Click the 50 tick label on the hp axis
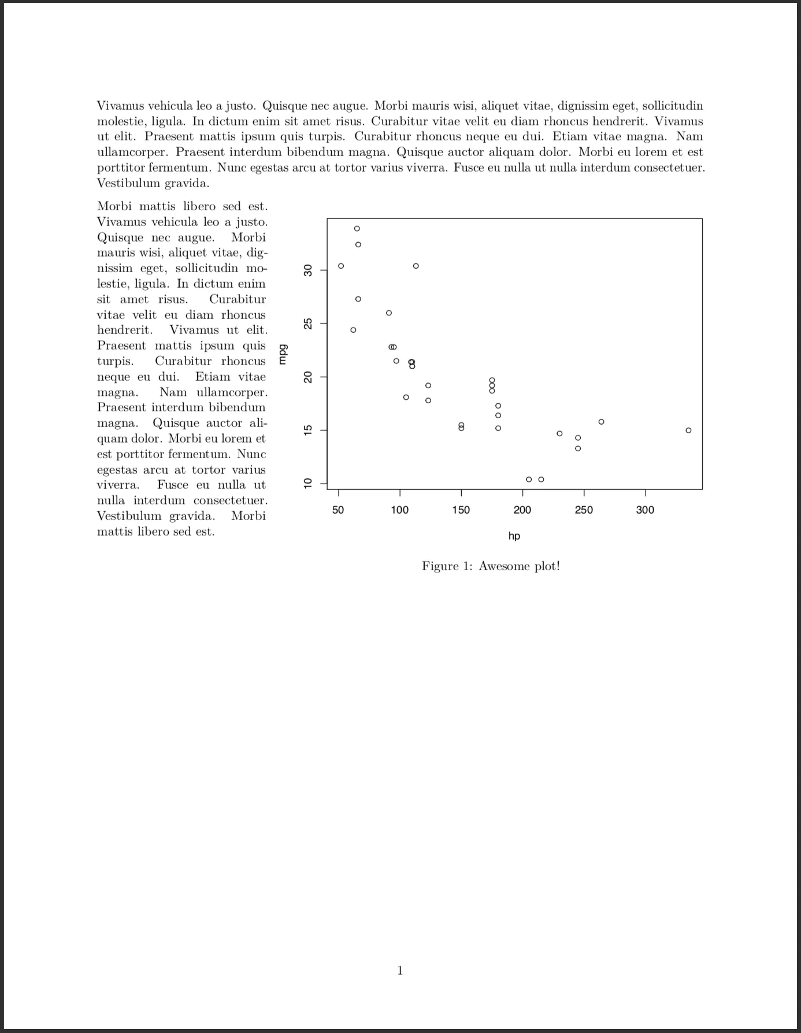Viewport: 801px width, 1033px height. [x=338, y=510]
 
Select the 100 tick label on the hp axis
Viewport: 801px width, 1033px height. [x=399, y=510]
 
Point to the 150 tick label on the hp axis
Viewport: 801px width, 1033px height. [x=461, y=510]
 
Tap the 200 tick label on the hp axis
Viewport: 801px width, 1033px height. [x=522, y=510]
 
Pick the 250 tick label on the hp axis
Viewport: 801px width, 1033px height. [x=584, y=510]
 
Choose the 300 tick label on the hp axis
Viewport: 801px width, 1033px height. [x=645, y=510]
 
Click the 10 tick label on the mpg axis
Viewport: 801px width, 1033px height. [x=308, y=483]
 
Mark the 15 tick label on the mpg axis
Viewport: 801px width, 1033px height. [x=308, y=430]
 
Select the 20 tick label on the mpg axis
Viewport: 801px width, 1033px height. [x=308, y=377]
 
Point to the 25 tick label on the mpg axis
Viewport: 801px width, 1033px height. [x=308, y=324]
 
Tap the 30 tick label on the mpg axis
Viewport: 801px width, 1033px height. [x=308, y=270]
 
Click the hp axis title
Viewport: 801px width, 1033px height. [x=514, y=536]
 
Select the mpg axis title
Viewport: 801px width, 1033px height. [x=283, y=354]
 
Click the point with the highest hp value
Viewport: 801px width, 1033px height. [x=688, y=430]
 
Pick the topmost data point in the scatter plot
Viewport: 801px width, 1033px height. [x=357, y=229]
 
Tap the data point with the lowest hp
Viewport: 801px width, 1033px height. [x=341, y=266]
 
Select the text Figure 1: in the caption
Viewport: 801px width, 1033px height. [x=447, y=566]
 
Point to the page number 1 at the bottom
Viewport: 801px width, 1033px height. [x=400, y=971]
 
